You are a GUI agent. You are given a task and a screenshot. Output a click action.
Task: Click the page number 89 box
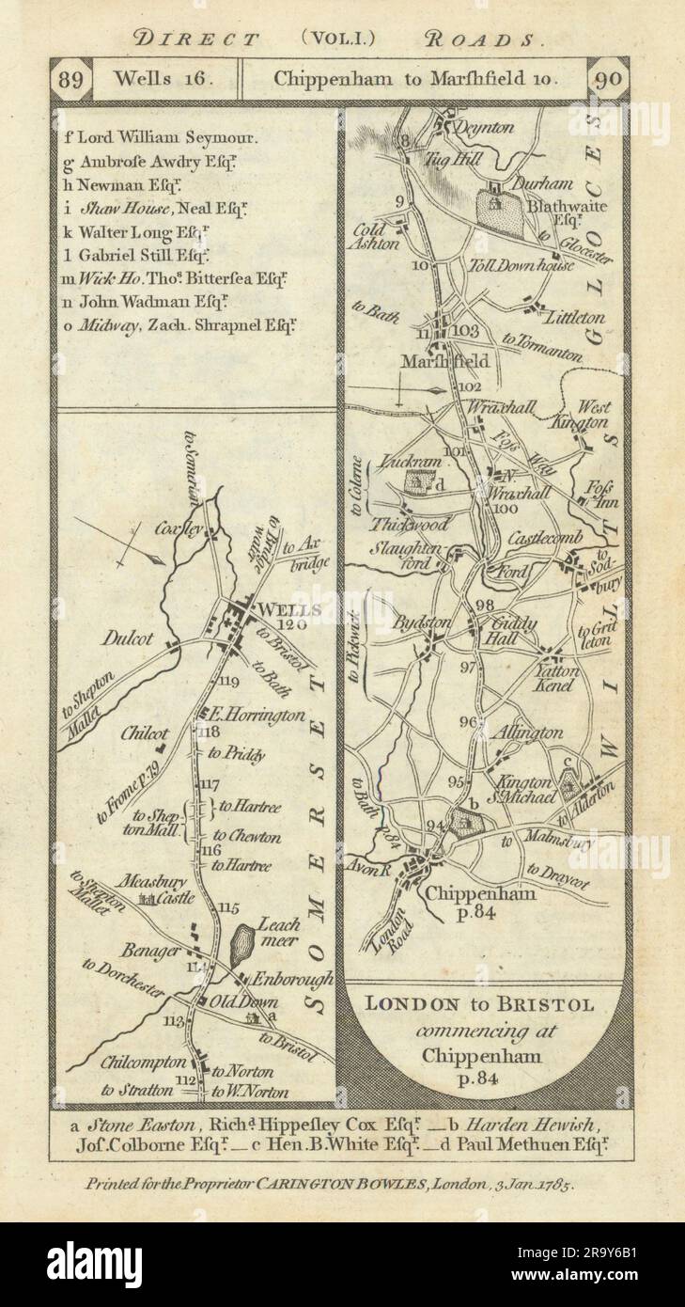point(72,79)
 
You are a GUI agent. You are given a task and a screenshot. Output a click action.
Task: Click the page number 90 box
point(608,79)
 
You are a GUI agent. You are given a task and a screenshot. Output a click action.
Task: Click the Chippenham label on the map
point(481,892)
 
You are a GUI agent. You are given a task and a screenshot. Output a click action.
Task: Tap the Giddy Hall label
point(511,631)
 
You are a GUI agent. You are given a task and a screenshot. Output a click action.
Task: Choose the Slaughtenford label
point(404,556)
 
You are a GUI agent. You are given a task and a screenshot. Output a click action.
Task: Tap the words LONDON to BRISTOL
point(479,1004)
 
